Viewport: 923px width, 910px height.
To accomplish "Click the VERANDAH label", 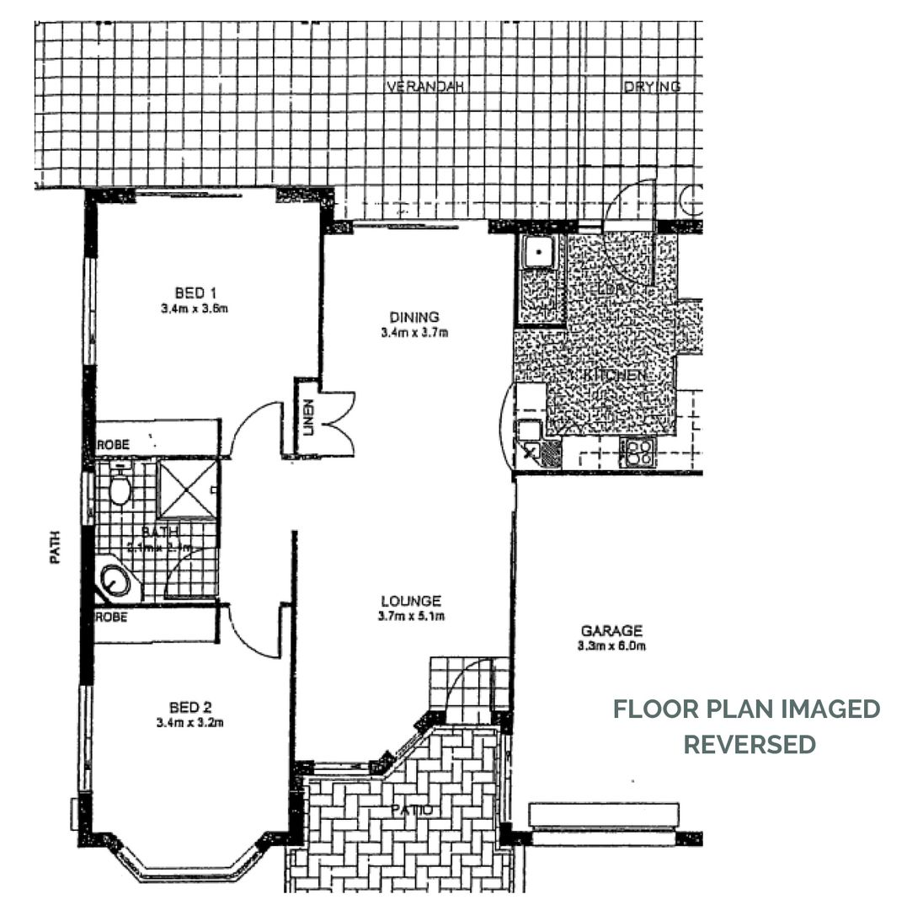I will (x=426, y=87).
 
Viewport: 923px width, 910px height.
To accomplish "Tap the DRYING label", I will (x=651, y=87).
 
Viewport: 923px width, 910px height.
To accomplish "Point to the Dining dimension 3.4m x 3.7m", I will (x=413, y=332).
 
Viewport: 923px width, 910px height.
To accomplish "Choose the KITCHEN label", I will (x=615, y=375).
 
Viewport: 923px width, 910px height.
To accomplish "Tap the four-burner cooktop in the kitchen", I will (x=637, y=453).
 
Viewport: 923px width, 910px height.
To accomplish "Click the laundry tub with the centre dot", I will (x=537, y=251).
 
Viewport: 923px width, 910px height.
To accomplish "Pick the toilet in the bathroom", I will (x=120, y=487).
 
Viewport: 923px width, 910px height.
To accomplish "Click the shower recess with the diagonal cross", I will (x=189, y=489).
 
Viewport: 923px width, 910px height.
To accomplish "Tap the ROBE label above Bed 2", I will (x=112, y=617).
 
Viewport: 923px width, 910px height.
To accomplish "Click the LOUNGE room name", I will (x=410, y=601).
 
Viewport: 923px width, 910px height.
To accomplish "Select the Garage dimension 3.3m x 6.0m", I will (x=611, y=646).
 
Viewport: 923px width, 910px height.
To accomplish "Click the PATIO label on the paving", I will (x=413, y=811).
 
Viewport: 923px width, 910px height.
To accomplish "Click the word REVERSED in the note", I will (x=749, y=745).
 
